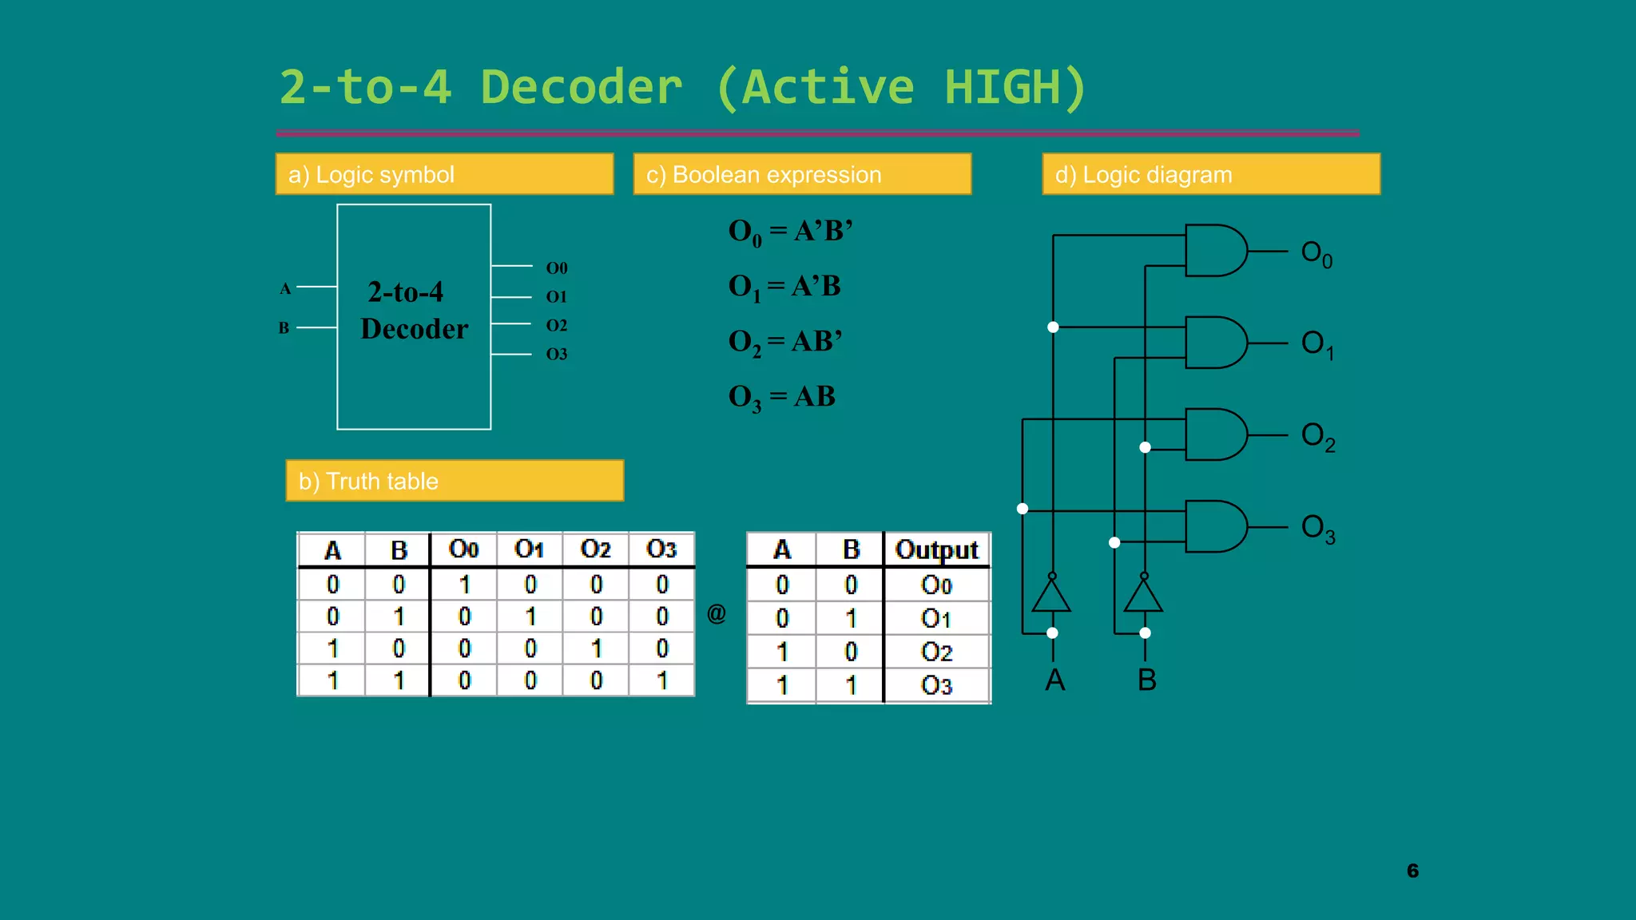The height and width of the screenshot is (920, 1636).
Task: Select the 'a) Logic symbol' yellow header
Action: coord(444,174)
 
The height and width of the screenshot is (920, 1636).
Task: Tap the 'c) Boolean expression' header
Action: coord(802,174)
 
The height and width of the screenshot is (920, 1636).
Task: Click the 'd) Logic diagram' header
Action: coord(1211,174)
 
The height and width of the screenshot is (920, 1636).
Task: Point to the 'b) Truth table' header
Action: coord(455,481)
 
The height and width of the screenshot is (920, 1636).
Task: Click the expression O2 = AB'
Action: coord(785,342)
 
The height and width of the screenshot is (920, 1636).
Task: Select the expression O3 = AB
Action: coord(782,397)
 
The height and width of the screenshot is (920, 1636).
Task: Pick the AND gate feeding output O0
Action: coord(1215,251)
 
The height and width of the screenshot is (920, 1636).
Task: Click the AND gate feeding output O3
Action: coord(1215,526)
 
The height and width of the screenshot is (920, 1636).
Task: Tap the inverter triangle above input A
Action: coord(1051,597)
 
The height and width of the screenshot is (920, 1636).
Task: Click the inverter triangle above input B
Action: coord(1143,597)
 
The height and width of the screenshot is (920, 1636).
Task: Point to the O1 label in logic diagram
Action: coord(1316,344)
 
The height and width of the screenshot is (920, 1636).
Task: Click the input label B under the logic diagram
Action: coord(1147,680)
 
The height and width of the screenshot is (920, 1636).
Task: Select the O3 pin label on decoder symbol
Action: coord(557,354)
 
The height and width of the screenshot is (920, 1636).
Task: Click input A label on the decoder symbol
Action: coord(285,288)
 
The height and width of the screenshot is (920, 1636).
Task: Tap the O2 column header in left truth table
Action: coord(596,549)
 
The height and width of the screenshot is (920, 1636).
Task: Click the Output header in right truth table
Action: coord(936,549)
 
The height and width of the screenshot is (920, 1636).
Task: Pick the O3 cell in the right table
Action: coord(936,685)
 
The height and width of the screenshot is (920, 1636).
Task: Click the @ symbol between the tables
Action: coord(717,613)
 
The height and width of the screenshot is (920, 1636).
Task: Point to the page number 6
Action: coord(1412,870)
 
